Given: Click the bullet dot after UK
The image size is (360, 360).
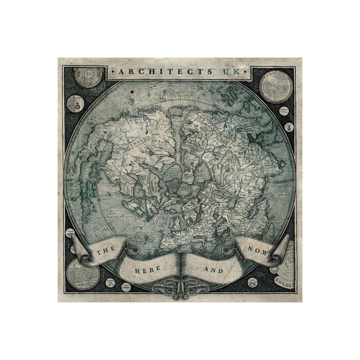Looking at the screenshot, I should click(247, 72).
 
